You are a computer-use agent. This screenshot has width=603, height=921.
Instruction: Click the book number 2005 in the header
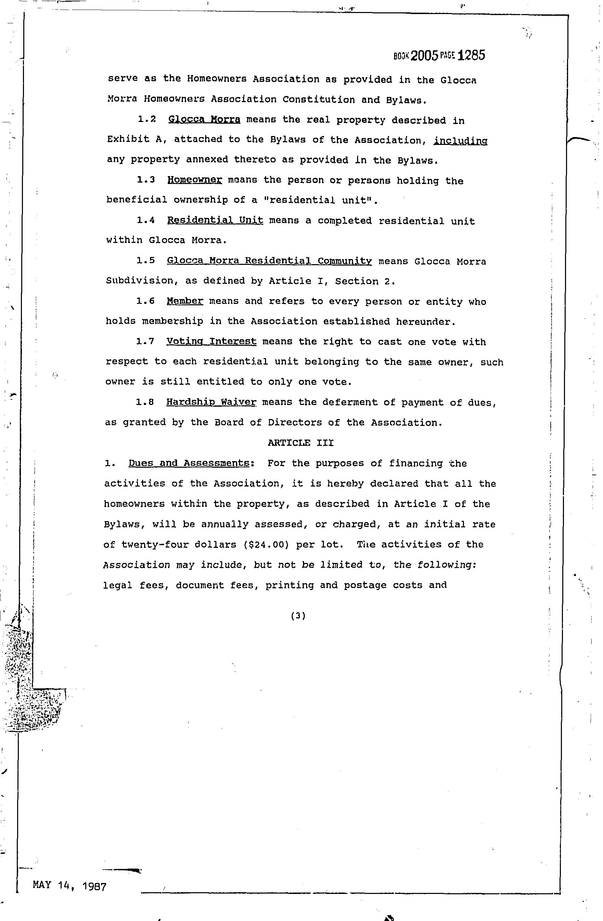424,56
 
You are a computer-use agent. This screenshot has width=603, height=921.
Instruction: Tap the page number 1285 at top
471,56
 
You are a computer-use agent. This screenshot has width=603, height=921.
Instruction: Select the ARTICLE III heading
301,443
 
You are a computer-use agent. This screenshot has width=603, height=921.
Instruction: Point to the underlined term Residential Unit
215,221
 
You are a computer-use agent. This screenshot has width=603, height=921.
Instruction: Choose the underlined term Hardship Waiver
211,402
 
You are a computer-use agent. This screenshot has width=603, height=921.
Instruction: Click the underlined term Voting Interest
211,342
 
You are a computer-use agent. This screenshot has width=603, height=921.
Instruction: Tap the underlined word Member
185,301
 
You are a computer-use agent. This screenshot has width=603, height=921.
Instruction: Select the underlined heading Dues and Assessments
189,463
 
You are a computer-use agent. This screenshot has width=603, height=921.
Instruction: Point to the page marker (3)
298,616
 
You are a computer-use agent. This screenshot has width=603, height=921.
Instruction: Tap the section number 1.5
146,261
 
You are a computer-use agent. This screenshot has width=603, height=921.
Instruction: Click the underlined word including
460,140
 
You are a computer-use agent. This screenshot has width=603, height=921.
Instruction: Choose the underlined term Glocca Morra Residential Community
269,261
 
